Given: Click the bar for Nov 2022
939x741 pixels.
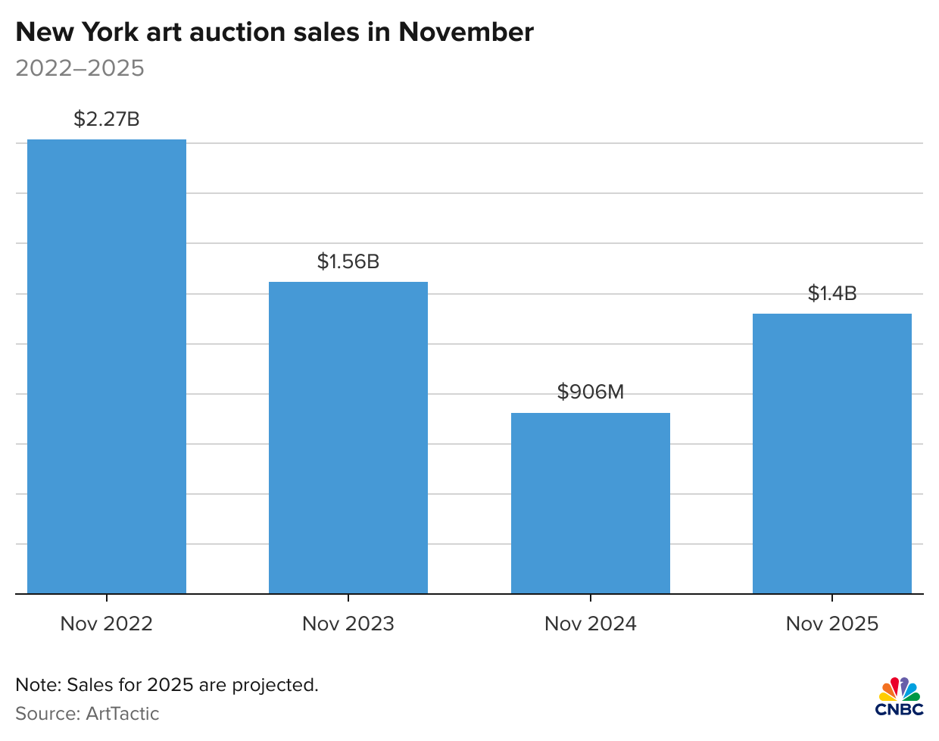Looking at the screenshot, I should pos(107,367).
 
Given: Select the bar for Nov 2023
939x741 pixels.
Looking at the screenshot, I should pos(348,438).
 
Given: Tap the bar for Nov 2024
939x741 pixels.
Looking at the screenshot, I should pos(591,503).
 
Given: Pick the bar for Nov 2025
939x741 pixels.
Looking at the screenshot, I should pos(832,454).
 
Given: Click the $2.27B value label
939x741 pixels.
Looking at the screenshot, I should pos(107,119).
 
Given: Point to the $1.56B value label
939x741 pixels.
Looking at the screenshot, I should pos(348,261).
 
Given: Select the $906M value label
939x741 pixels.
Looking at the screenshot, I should pos(591,392).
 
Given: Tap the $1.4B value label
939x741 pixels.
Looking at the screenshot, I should pos(832,293).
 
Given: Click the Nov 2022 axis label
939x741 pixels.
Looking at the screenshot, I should pos(107,624).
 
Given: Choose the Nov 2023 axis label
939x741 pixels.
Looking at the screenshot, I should pos(348,624).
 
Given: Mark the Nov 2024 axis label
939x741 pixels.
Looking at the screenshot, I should pos(591,624).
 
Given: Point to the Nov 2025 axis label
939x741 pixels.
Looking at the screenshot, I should pos(832,624).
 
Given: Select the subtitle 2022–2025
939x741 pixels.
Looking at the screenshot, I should pos(80,68).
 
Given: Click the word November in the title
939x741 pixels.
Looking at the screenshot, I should pos(466,32).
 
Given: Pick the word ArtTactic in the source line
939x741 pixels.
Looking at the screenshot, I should pos(123,714).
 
